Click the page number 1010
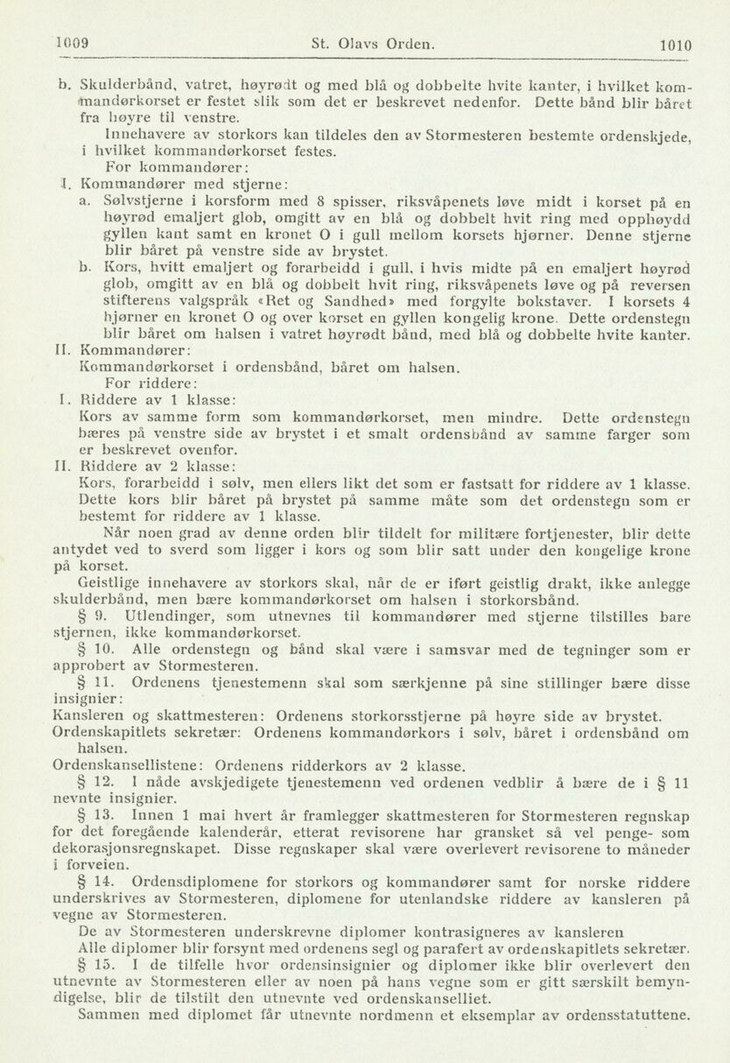coord(675,45)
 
